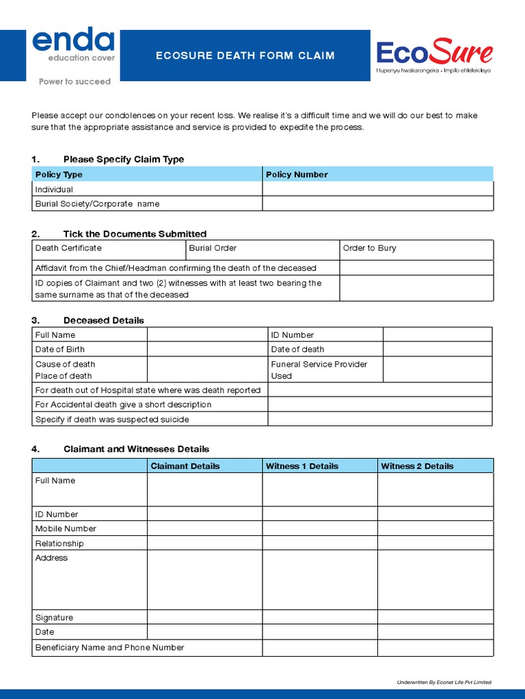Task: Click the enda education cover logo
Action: (x=74, y=46)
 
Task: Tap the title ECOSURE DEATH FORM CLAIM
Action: (x=245, y=56)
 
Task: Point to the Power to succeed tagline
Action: (x=75, y=82)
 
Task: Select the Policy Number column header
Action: (x=297, y=175)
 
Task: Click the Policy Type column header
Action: (x=59, y=175)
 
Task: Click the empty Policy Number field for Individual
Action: (x=377, y=189)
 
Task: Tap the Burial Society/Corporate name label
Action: (x=97, y=204)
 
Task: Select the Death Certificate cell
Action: (x=68, y=248)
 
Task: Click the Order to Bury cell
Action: (x=370, y=248)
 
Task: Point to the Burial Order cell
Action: (x=213, y=248)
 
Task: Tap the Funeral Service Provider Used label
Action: (x=319, y=370)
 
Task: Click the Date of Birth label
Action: (x=60, y=349)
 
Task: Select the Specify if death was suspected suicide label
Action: (x=112, y=419)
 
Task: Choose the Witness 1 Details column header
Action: (x=301, y=466)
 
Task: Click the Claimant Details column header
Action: (x=185, y=466)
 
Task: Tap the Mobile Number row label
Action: (x=66, y=529)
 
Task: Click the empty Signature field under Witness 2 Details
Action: (x=435, y=617)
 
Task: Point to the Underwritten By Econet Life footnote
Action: (x=444, y=682)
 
